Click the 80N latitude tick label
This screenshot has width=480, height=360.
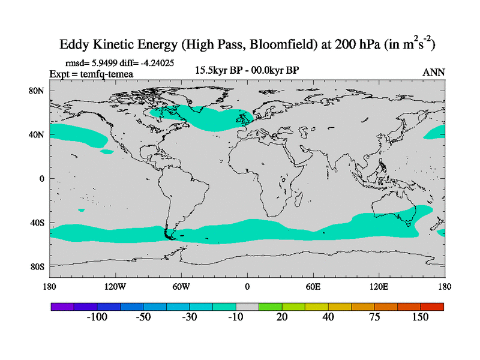(x=38, y=91)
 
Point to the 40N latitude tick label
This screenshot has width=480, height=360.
(x=38, y=134)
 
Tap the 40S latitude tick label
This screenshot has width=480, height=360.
(x=38, y=223)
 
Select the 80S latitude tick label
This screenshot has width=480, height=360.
(x=38, y=266)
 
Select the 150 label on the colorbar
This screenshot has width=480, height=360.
(x=420, y=317)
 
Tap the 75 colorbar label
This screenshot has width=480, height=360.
(x=374, y=317)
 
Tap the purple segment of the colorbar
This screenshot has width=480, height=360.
(x=62, y=307)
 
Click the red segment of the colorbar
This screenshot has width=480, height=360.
(x=432, y=307)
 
